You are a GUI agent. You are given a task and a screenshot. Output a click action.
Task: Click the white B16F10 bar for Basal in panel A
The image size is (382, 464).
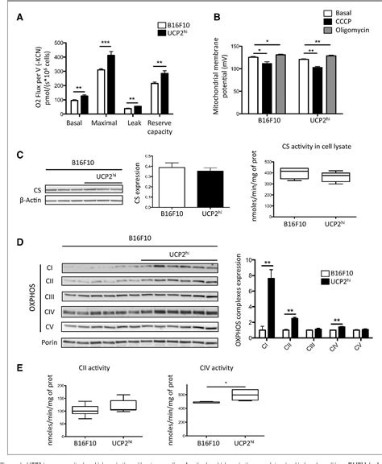[73, 105]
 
